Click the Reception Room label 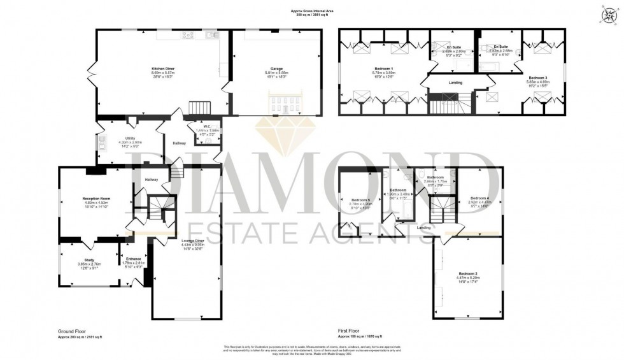[96, 199]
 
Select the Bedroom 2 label [468, 273]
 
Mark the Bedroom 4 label [479, 198]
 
